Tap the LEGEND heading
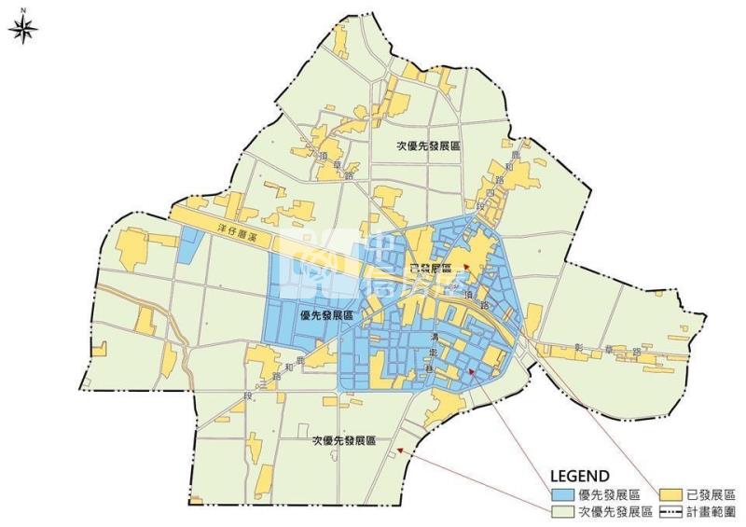tap(580, 476)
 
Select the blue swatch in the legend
tap(563, 495)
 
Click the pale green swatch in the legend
tap(563, 512)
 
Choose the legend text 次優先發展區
tap(611, 512)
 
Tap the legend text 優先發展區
tap(606, 495)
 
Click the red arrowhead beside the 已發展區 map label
tap(467, 269)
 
